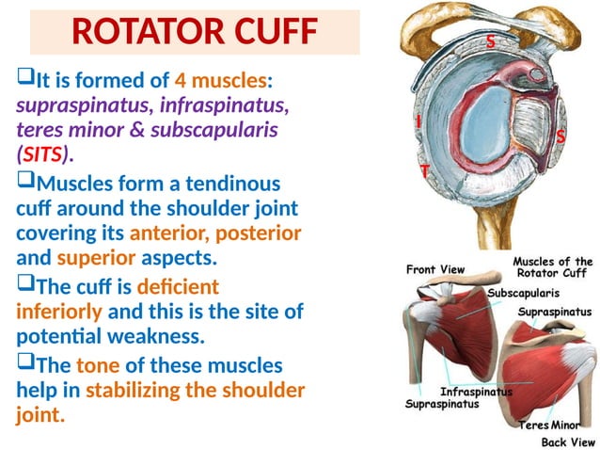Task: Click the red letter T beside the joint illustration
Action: pyautogui.click(x=425, y=171)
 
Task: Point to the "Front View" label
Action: pyautogui.click(x=435, y=269)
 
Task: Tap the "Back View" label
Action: pyautogui.click(x=568, y=441)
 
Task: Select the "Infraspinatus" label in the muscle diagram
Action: pyautogui.click(x=477, y=391)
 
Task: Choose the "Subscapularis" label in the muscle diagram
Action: pyautogui.click(x=524, y=293)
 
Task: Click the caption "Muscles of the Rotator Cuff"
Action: pyautogui.click(x=553, y=267)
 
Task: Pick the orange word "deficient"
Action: pyautogui.click(x=179, y=285)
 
